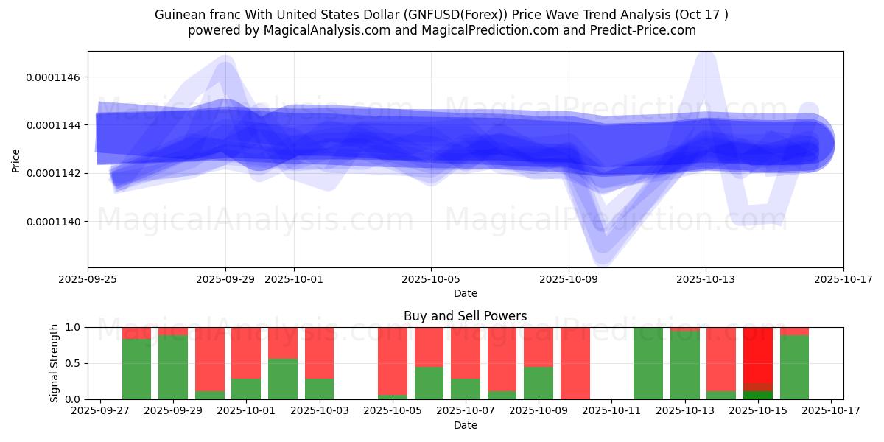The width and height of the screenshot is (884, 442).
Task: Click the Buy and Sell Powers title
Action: click(465, 316)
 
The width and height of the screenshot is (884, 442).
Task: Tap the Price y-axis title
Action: click(16, 160)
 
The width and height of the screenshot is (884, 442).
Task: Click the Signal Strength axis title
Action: click(55, 363)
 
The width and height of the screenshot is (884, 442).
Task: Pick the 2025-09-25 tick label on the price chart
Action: click(88, 279)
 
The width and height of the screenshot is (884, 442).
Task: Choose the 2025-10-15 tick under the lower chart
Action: click(758, 410)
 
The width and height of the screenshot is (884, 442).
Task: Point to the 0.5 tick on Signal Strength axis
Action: click(73, 363)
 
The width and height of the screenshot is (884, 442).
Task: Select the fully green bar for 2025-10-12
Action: click(648, 363)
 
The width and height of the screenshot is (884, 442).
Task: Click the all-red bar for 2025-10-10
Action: click(575, 363)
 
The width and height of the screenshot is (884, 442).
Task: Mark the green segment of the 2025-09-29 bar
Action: click(173, 368)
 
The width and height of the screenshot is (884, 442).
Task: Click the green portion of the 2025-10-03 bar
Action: click(319, 389)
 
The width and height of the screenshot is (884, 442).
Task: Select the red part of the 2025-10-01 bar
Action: click(246, 353)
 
